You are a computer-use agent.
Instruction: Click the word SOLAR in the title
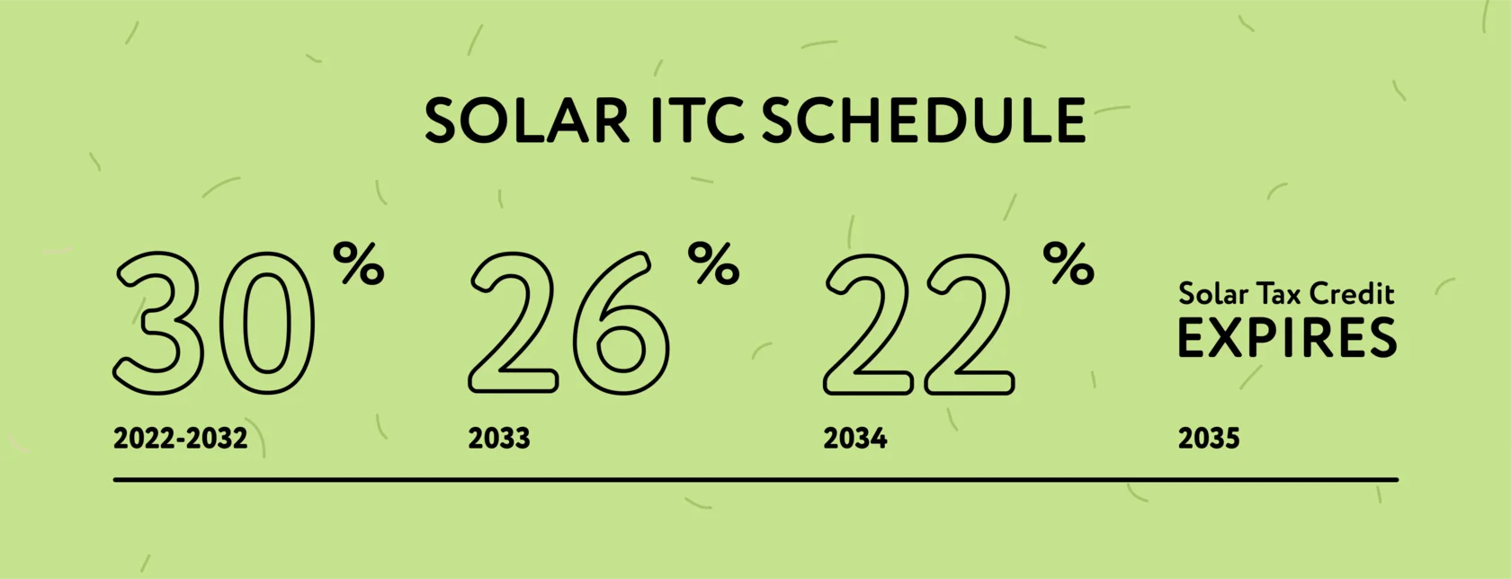tap(527, 120)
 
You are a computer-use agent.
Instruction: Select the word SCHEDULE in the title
tap(924, 120)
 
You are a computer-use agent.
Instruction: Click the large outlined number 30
tap(214, 323)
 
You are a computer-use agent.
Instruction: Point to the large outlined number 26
tap(568, 323)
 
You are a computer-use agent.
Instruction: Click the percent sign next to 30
tap(359, 263)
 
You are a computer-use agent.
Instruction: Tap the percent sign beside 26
tap(714, 263)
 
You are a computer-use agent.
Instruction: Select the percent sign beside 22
tap(1068, 263)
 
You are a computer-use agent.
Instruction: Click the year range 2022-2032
tap(180, 439)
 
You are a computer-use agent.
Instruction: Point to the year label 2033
tap(499, 439)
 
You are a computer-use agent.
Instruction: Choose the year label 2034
tap(854, 439)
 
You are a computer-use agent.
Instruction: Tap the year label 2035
tap(1209, 439)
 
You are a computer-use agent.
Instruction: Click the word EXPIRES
tap(1287, 338)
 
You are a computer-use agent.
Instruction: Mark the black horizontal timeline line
tap(755, 480)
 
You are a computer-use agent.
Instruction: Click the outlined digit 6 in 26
tap(621, 323)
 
